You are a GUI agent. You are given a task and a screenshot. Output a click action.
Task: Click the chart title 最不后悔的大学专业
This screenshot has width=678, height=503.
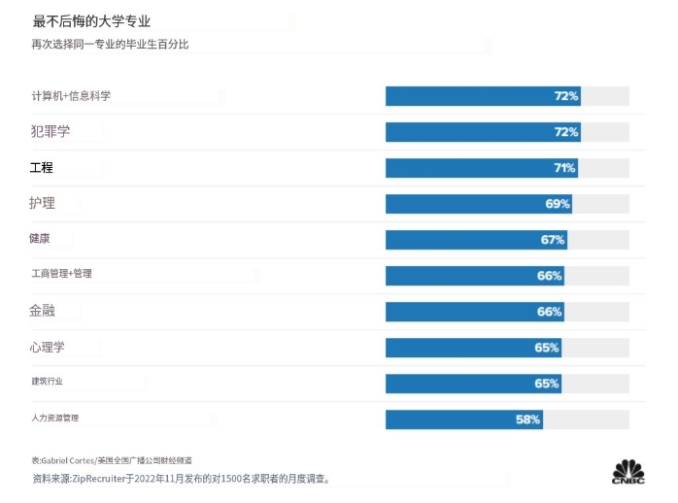pos(91,20)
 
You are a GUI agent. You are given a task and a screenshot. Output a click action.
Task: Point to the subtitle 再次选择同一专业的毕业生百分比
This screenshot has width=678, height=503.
pos(110,44)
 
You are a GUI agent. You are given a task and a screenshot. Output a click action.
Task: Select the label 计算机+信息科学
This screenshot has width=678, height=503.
pos(71,96)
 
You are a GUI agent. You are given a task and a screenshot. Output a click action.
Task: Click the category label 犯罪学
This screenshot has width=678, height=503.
pos(51,131)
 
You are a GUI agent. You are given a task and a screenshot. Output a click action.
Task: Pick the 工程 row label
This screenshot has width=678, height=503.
pos(42,168)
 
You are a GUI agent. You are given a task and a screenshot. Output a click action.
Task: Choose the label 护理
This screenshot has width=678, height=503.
pos(42,203)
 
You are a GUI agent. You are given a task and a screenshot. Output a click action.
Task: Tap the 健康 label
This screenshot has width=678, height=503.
pos(40,239)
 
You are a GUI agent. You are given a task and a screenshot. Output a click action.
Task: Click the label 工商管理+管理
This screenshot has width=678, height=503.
pos(61,274)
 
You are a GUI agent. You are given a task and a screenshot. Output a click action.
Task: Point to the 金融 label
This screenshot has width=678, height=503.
pos(43,311)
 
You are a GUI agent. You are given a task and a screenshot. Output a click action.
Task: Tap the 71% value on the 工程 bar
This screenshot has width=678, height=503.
pos(564,168)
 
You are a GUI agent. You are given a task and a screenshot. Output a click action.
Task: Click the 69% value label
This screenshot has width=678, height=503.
pos(558,204)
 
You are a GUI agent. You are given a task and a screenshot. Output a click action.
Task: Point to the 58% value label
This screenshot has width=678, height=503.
pos(527,419)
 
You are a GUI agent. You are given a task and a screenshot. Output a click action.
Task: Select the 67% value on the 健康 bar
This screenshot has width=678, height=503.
pos(553,240)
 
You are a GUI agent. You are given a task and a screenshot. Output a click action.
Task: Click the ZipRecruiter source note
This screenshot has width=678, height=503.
pos(181,479)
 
